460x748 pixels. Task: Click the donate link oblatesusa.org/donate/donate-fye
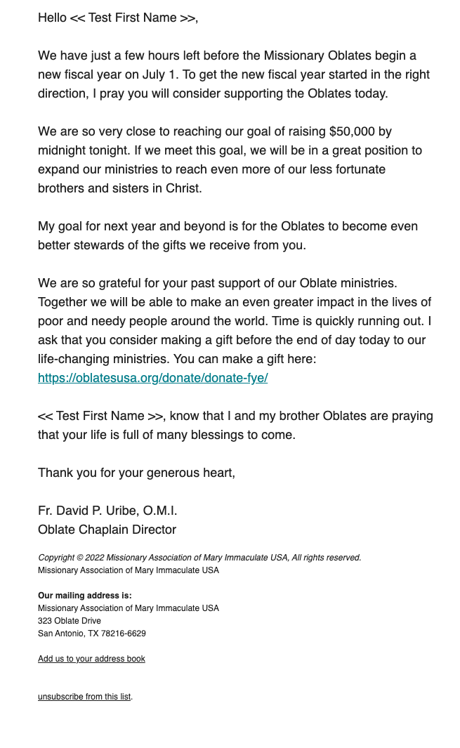152,378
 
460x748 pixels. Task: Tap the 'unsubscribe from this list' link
84,697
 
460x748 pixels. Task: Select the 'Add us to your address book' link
91,659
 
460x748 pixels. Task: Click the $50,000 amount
351,131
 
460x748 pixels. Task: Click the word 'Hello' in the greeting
52,18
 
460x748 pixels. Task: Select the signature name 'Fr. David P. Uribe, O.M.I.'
107,511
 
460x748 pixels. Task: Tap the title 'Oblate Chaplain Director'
107,530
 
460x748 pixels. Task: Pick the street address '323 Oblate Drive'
70,621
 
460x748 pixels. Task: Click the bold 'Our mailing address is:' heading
84,596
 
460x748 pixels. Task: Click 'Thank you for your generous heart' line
136,473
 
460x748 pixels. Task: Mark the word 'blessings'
224,435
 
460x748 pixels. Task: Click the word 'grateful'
121,283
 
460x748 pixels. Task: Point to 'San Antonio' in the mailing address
60,634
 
